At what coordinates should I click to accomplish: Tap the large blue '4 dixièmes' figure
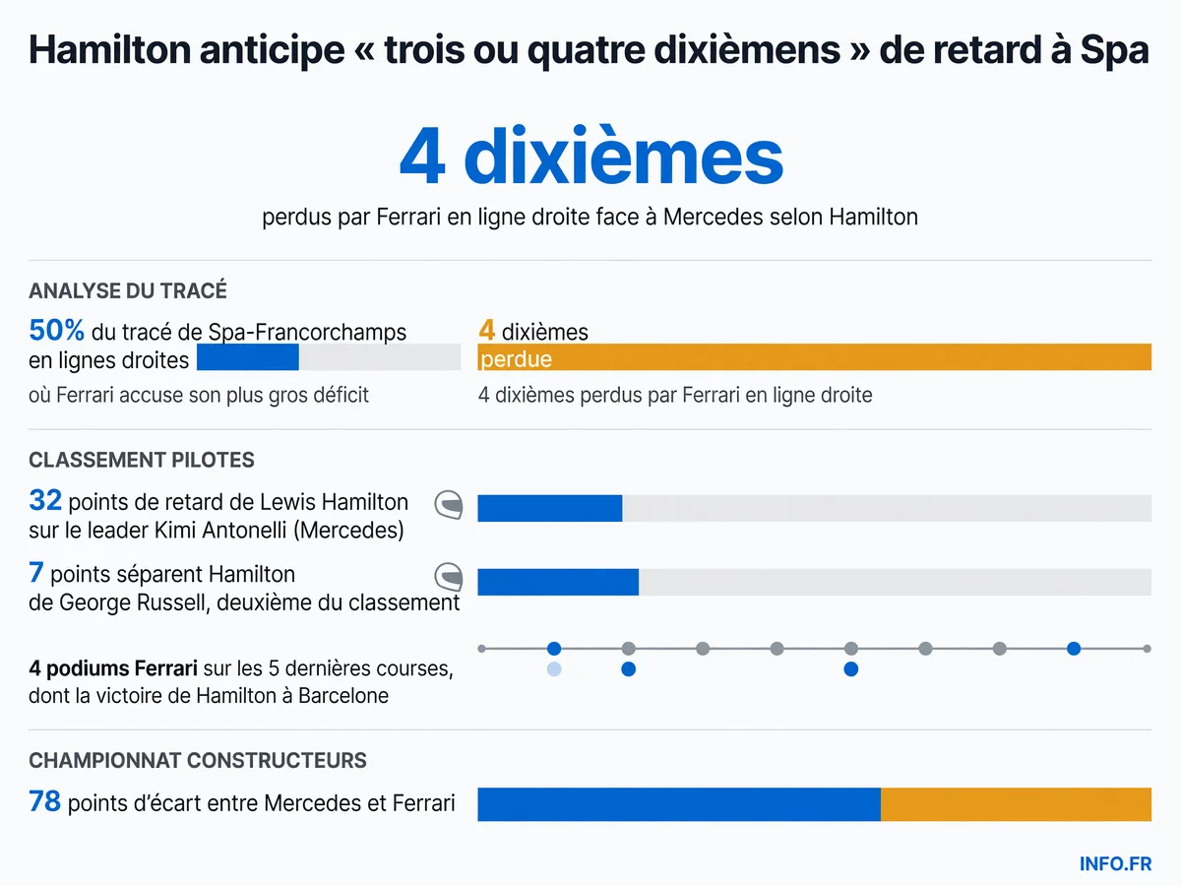[x=590, y=156]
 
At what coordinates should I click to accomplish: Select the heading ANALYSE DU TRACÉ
[x=128, y=290]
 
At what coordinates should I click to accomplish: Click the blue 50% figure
[x=56, y=330]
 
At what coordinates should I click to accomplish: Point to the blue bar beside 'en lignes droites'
[x=247, y=356]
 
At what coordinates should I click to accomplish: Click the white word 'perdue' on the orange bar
[x=516, y=358]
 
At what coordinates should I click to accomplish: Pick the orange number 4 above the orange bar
[x=486, y=330]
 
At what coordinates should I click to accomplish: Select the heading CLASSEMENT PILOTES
[x=142, y=460]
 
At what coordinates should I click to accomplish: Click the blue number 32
[x=45, y=500]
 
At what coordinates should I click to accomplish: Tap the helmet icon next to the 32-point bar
[x=449, y=505]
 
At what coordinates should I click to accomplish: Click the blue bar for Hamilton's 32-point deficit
[x=550, y=508]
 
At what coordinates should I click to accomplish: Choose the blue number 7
[x=36, y=572]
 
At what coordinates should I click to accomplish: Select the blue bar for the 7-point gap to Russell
[x=558, y=582]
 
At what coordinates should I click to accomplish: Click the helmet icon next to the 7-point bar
[x=449, y=577]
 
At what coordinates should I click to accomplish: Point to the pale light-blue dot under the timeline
[x=554, y=669]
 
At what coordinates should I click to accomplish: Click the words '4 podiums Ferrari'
[x=113, y=668]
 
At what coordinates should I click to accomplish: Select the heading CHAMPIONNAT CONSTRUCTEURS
[x=198, y=761]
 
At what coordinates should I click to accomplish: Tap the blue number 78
[x=44, y=801]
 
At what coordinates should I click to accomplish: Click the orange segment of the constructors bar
[x=1016, y=804]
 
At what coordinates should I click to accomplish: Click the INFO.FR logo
[x=1115, y=863]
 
